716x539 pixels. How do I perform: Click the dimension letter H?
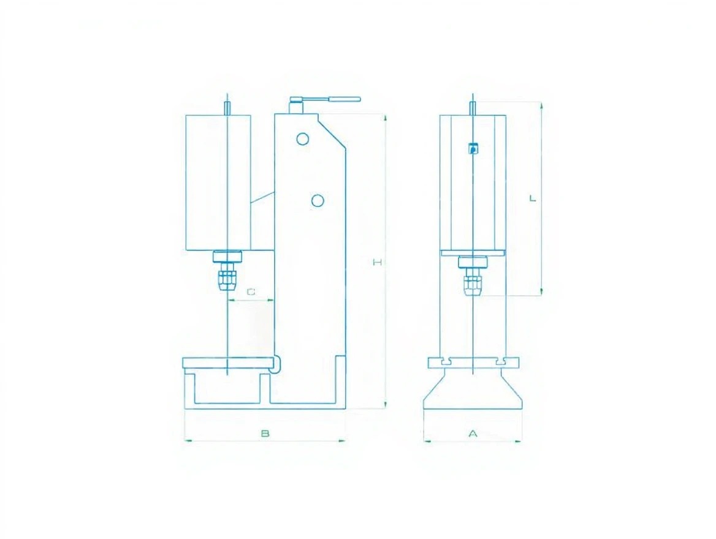377,262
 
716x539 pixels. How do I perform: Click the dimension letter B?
265,434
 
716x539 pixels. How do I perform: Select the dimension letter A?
473,434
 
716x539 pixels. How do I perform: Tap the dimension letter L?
533,198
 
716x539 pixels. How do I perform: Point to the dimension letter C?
251,291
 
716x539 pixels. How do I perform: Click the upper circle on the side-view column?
302,138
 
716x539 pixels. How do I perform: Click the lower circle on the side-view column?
318,200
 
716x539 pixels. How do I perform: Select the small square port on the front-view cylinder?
473,148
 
